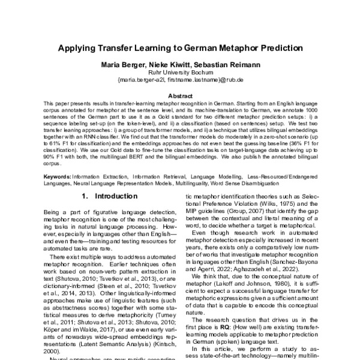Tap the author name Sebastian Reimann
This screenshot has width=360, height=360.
226,65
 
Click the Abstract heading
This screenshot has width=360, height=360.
180,95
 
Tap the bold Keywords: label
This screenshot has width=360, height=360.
58,177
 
